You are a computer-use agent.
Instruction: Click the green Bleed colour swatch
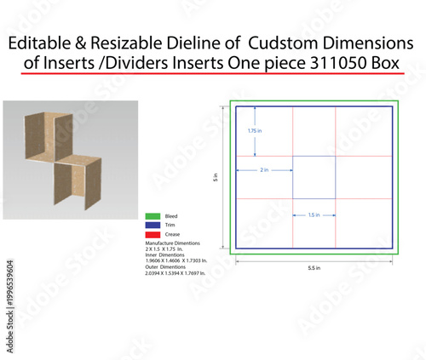click(x=153, y=216)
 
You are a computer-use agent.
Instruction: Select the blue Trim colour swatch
click(x=153, y=225)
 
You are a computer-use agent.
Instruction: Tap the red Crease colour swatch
click(x=153, y=233)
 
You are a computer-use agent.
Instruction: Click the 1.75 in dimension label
click(x=254, y=131)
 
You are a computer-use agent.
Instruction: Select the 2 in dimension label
click(x=264, y=170)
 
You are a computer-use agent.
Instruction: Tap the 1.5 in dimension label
click(x=314, y=215)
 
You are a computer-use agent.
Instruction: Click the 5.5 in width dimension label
click(x=314, y=267)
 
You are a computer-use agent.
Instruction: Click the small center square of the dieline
click(x=314, y=177)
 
